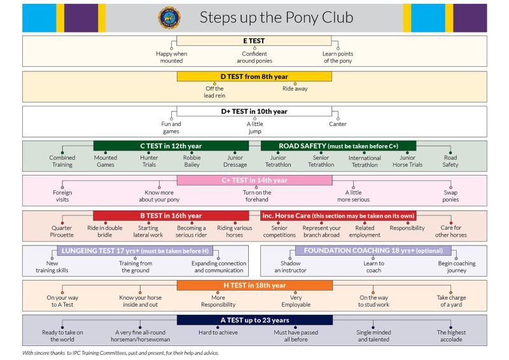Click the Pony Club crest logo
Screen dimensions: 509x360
point(169,18)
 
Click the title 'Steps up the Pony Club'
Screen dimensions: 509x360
point(276,18)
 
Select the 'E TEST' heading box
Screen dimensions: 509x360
point(254,41)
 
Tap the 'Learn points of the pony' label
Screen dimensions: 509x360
point(338,57)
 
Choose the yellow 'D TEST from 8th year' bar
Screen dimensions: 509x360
point(254,76)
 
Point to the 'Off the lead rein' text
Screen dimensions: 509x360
point(214,92)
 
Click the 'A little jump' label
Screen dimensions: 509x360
point(255,128)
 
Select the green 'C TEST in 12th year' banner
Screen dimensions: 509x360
point(171,146)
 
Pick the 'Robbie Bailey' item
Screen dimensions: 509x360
point(192,161)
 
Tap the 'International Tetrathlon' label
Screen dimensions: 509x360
point(365,162)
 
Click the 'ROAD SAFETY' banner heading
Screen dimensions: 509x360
point(338,146)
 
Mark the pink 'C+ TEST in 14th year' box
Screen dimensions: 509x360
point(254,181)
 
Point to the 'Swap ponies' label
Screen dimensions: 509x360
point(450,196)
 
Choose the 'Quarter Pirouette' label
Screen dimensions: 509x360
point(62,232)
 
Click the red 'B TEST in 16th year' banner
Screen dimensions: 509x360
point(171,216)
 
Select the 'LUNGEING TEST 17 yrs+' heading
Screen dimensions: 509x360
point(135,251)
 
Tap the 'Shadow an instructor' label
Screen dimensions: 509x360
point(290,267)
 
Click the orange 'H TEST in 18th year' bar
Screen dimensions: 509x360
point(254,286)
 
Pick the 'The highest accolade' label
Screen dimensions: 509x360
point(451,336)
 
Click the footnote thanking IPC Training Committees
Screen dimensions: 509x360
point(120,353)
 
